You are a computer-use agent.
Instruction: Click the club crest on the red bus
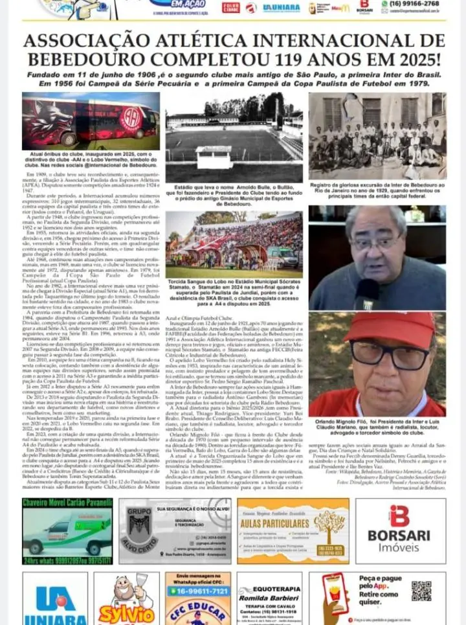click(133, 119)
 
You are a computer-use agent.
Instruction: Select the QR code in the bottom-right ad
click(421, 591)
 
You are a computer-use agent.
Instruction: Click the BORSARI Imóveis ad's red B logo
click(399, 516)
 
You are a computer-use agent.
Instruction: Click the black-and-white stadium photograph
click(234, 137)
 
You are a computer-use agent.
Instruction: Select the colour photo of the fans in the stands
click(234, 245)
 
